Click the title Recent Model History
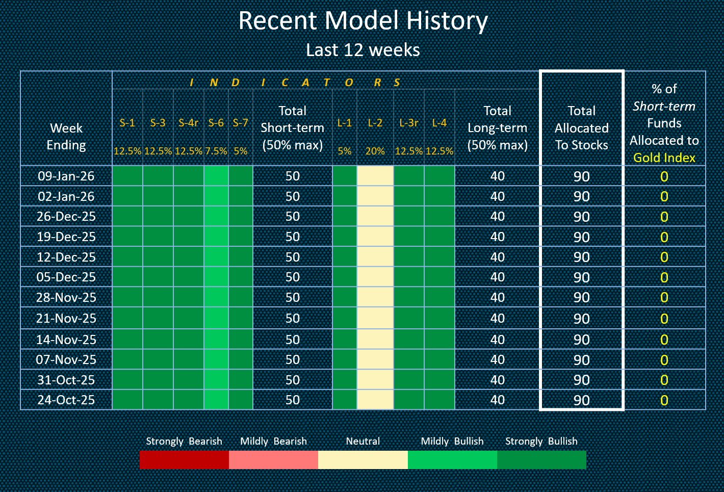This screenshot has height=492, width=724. click(x=363, y=21)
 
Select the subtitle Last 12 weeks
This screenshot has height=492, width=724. click(x=363, y=50)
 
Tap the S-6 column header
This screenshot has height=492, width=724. click(x=216, y=123)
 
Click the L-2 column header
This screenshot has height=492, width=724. click(x=375, y=123)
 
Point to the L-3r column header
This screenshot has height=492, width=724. click(x=409, y=123)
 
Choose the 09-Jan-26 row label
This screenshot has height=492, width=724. click(x=66, y=176)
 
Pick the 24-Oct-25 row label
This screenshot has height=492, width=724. click(x=66, y=400)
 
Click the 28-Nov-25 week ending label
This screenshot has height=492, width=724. click(x=66, y=298)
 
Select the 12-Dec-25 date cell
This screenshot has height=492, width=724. click(x=66, y=257)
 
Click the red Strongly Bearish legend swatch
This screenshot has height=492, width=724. click(x=184, y=459)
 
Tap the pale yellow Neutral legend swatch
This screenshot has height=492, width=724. click(x=363, y=459)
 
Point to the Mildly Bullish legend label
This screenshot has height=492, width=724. click(x=452, y=441)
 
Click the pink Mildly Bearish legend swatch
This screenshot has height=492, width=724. click(x=273, y=459)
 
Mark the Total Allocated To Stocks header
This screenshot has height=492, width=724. click(x=582, y=128)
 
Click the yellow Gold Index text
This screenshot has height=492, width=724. click(x=664, y=158)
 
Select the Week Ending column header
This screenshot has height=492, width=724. click(x=66, y=137)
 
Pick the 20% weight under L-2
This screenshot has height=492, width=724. click(x=375, y=151)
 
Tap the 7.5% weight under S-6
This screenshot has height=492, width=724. click(x=216, y=151)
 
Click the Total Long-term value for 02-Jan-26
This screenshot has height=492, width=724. click(x=498, y=197)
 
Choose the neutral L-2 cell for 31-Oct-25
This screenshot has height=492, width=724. click(x=375, y=380)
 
